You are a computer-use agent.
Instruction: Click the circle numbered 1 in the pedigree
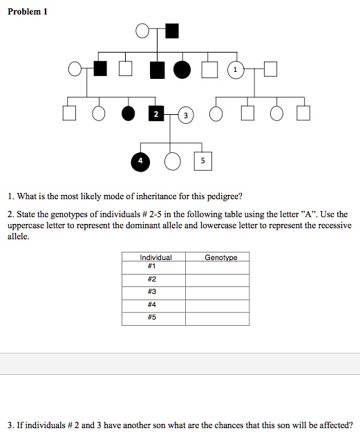click(x=236, y=70)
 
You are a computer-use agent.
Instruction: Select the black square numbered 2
click(x=156, y=113)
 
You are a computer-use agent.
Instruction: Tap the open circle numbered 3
click(x=186, y=115)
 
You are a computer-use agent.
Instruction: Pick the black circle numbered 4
click(x=140, y=160)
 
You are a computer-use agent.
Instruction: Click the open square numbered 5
click(x=202, y=160)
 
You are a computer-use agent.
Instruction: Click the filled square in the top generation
click(x=171, y=30)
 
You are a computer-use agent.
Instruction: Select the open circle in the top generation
click(x=142, y=30)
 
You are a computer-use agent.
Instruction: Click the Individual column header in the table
click(x=155, y=257)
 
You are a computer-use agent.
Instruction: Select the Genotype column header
click(x=220, y=257)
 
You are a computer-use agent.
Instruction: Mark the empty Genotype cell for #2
click(x=217, y=279)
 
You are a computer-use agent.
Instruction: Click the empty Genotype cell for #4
click(x=217, y=305)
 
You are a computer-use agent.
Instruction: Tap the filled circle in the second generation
click(x=182, y=70)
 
